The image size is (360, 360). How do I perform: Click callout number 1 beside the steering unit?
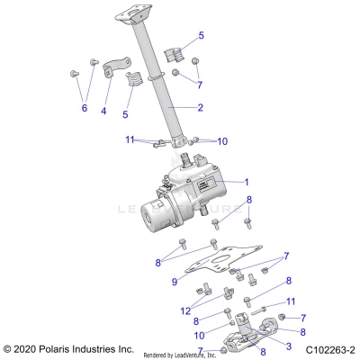(x=245, y=181)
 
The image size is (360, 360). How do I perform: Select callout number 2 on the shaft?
(x=201, y=108)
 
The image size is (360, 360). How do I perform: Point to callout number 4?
(x=103, y=112)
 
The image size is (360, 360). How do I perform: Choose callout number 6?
(x=84, y=107)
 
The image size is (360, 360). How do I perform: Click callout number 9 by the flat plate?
(x=173, y=281)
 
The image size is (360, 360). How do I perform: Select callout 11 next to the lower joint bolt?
(x=290, y=301)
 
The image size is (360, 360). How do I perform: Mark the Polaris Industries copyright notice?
(x=69, y=348)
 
